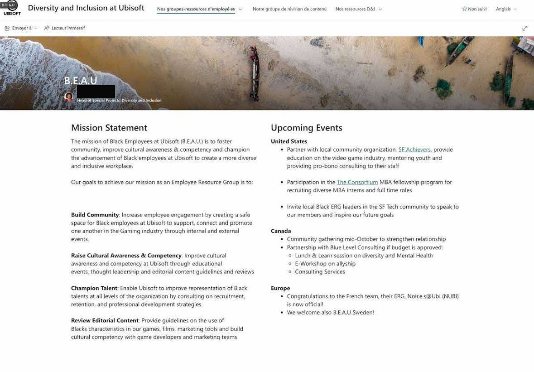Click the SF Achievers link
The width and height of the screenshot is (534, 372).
[414, 150]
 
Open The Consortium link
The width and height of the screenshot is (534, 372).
[357, 182]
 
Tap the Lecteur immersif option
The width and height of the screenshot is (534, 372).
[64, 28]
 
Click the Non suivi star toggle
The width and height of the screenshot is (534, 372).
[474, 9]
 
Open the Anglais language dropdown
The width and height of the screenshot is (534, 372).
[506, 9]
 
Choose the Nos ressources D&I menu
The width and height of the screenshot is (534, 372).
[358, 9]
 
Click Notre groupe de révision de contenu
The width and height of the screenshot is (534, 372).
[289, 9]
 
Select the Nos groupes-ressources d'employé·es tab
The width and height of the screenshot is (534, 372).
[196, 9]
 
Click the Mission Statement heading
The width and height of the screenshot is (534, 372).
[109, 128]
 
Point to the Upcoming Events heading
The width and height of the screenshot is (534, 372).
[306, 128]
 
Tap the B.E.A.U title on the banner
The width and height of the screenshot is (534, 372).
[81, 81]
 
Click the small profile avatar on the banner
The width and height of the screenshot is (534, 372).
[69, 97]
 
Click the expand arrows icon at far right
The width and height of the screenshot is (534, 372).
[524, 28]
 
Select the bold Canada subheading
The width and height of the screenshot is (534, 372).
[281, 231]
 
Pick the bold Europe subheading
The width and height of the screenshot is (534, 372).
[280, 288]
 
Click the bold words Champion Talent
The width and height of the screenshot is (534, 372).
[94, 288]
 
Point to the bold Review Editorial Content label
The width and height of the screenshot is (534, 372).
[105, 321]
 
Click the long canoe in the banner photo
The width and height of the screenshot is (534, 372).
[255, 72]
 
